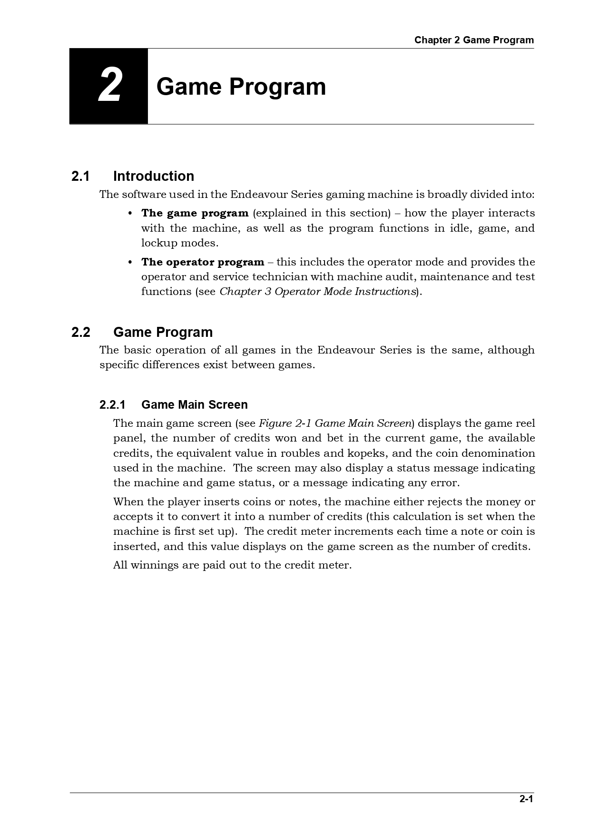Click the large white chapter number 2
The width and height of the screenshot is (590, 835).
[109, 86]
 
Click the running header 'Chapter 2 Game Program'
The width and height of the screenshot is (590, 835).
[473, 40]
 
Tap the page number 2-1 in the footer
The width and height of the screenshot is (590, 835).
[526, 799]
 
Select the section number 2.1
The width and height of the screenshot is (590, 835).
[80, 176]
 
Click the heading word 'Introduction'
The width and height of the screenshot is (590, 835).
[153, 176]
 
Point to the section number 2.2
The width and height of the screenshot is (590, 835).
[80, 332]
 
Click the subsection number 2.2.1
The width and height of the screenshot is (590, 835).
[112, 405]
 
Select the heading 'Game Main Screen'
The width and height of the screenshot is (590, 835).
[194, 405]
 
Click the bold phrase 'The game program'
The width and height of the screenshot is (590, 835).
[195, 213]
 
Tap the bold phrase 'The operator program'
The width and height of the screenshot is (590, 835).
[202, 262]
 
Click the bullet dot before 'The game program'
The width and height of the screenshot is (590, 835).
[130, 213]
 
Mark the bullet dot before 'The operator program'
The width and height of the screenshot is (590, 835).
[130, 262]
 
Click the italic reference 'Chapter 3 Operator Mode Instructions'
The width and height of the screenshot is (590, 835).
[317, 292]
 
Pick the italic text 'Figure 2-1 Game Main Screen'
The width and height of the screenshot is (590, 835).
[334, 423]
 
